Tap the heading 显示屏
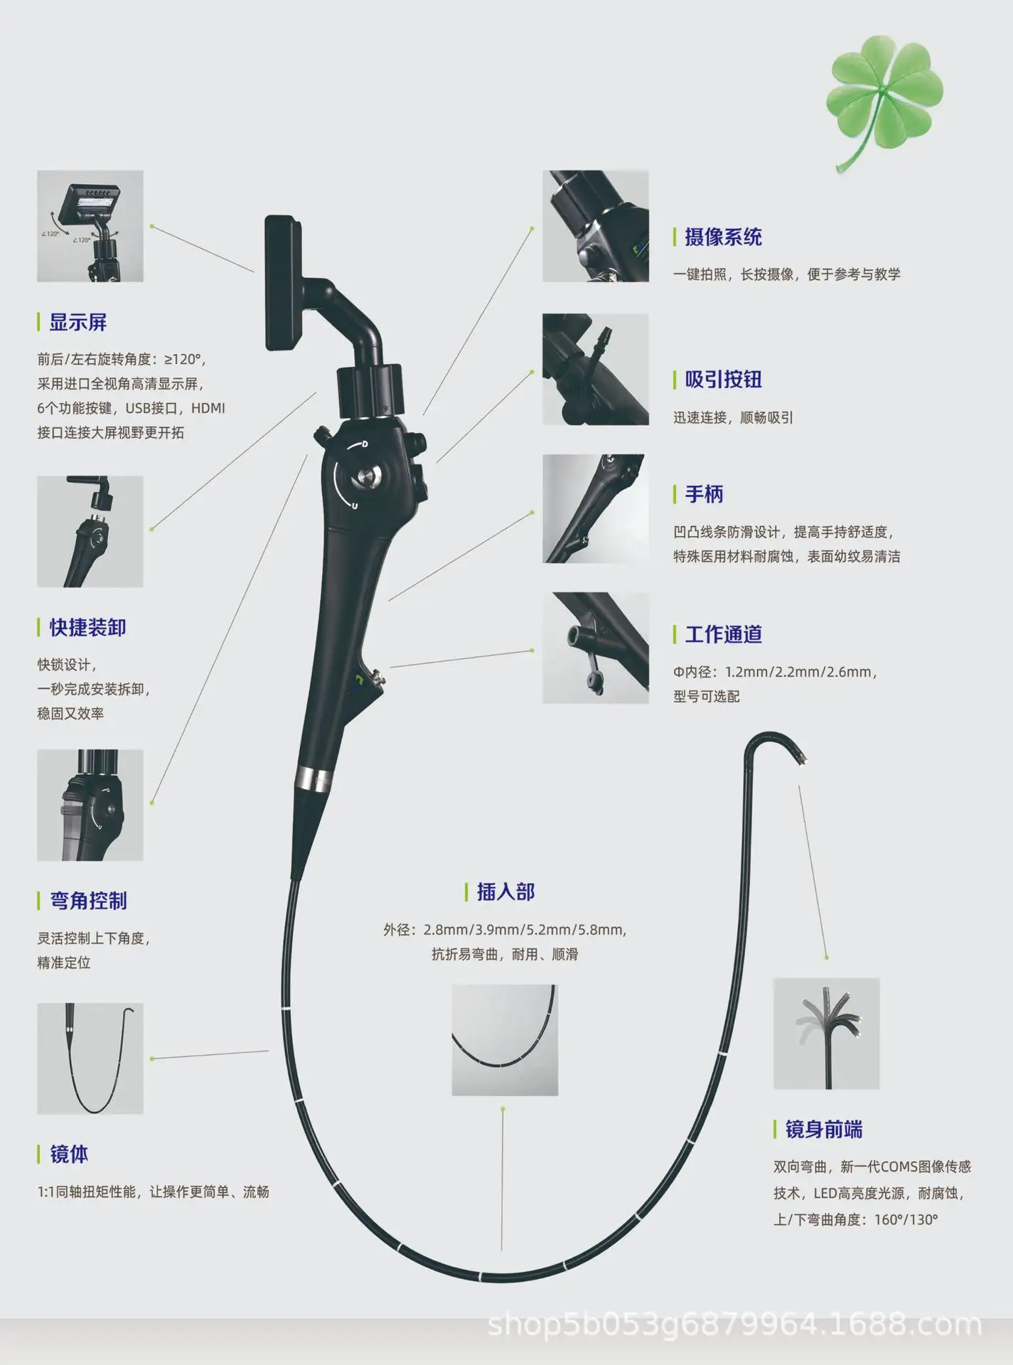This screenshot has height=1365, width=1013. click(77, 323)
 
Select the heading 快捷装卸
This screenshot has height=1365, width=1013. click(87, 628)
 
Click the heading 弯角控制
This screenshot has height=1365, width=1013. click(88, 901)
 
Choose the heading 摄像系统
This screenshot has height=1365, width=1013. click(723, 237)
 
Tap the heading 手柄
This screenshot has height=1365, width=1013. click(704, 494)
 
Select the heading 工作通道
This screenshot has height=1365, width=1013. click(723, 635)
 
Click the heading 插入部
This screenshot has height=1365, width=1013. click(505, 892)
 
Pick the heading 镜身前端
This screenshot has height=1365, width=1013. click(823, 1130)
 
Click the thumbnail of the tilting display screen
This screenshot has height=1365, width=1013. click(90, 226)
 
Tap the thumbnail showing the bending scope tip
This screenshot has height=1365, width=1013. click(826, 1034)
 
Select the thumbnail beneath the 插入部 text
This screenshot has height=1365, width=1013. click(505, 1040)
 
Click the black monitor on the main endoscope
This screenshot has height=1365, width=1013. click(283, 282)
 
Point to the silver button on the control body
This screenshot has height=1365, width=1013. click(367, 477)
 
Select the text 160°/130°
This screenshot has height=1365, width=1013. click(906, 1220)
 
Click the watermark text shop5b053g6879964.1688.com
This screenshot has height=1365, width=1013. click(734, 1326)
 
